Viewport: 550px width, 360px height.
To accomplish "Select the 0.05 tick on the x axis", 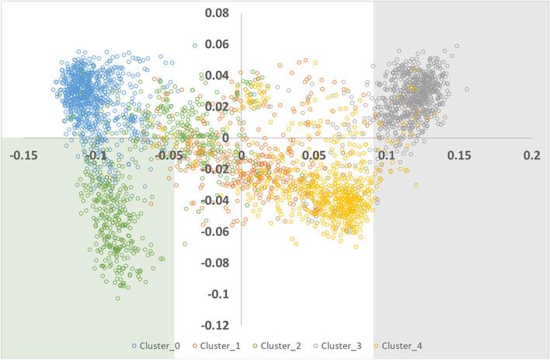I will pos(314,156).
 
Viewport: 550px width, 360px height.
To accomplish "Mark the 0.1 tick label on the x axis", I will pos(386,156).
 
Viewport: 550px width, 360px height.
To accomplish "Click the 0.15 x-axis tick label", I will pos(458,156).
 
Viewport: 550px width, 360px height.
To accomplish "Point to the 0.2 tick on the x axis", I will pos(531,156).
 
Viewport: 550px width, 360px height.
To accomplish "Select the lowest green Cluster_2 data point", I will pos(118,298).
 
